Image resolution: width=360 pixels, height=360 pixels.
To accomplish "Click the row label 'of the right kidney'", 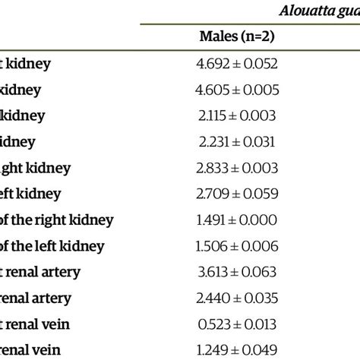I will coord(56,220).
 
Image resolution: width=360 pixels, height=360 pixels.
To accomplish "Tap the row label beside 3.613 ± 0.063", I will coord(41,273).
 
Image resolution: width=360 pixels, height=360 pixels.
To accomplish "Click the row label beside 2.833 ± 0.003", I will coord(35,169).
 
